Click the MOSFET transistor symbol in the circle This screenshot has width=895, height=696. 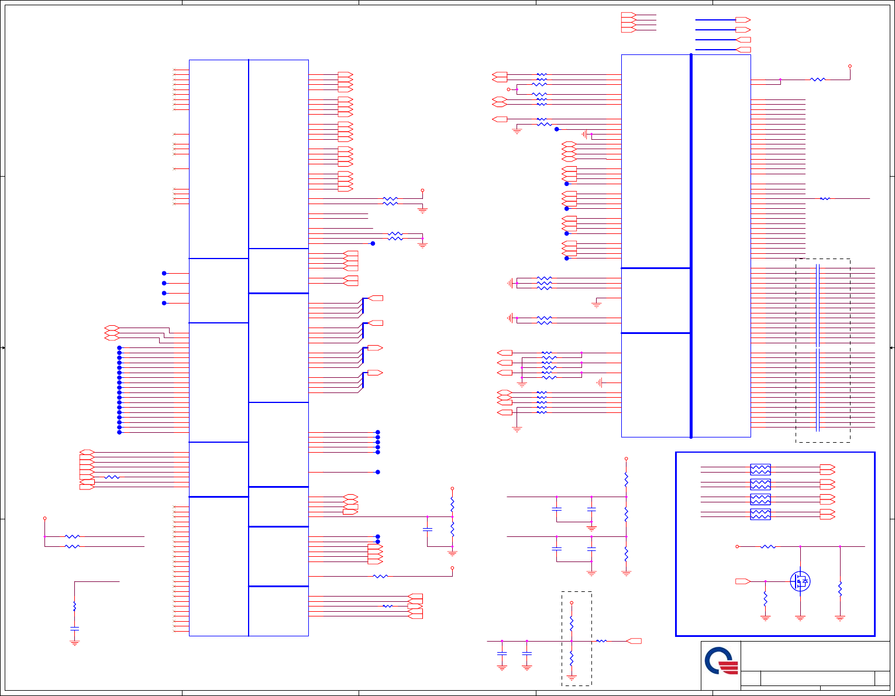point(800,581)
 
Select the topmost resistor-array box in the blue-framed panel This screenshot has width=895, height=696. point(760,469)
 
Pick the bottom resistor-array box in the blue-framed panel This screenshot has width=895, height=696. point(760,514)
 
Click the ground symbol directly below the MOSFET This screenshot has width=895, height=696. point(800,618)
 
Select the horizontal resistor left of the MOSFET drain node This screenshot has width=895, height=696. point(768,547)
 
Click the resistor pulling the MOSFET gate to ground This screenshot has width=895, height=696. point(765,598)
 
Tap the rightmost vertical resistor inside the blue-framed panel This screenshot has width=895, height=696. point(840,588)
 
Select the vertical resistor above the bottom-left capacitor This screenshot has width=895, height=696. point(74,607)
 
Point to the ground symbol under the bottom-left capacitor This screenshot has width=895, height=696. point(74,642)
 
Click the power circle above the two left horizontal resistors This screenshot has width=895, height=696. point(44,518)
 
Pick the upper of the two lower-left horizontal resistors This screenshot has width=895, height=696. point(72,536)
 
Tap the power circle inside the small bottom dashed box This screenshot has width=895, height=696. point(572,602)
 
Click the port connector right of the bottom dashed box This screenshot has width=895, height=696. point(634,642)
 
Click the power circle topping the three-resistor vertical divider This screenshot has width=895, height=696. point(626,459)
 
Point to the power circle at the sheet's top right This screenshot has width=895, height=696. point(850,66)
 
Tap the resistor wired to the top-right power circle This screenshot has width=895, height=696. point(818,80)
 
